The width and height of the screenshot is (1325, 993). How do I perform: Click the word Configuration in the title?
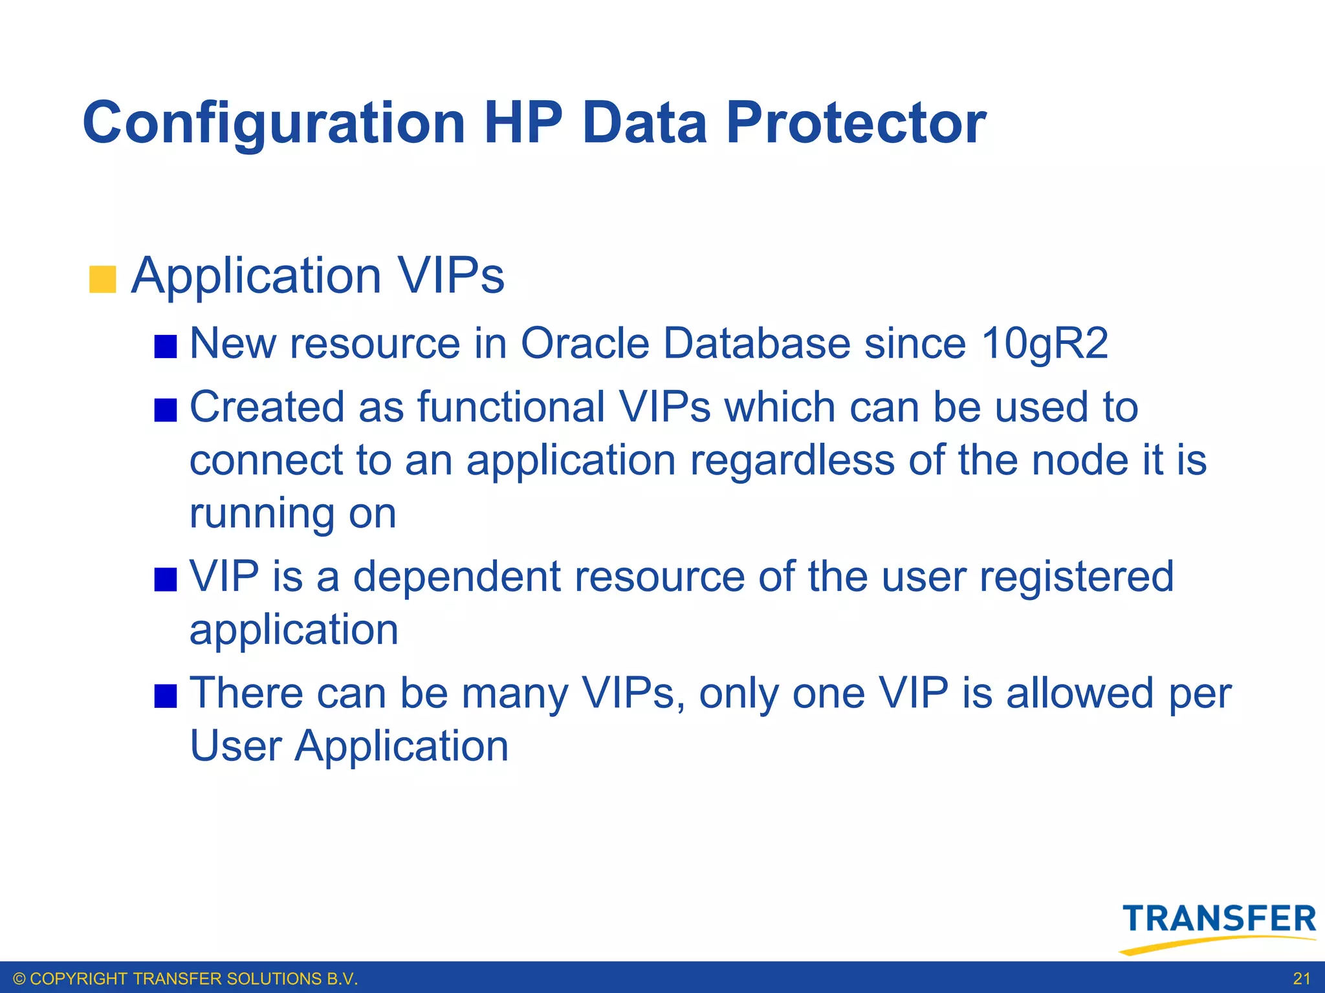pos(274,123)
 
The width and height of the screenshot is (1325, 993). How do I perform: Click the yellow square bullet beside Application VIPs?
pos(102,279)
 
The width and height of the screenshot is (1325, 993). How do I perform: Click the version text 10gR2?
pos(1044,343)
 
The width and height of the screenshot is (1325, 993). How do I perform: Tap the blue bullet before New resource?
pos(166,347)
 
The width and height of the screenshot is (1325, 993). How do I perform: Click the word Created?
pos(267,407)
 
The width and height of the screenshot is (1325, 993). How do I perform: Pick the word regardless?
pos(792,460)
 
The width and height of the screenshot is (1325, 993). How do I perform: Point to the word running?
pos(261,515)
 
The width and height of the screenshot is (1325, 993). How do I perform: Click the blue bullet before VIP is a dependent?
pos(166,580)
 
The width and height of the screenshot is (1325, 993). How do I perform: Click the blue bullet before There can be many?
pos(166,696)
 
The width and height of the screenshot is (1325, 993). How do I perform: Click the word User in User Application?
pos(235,746)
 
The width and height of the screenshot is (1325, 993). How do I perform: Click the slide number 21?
pos(1301,979)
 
